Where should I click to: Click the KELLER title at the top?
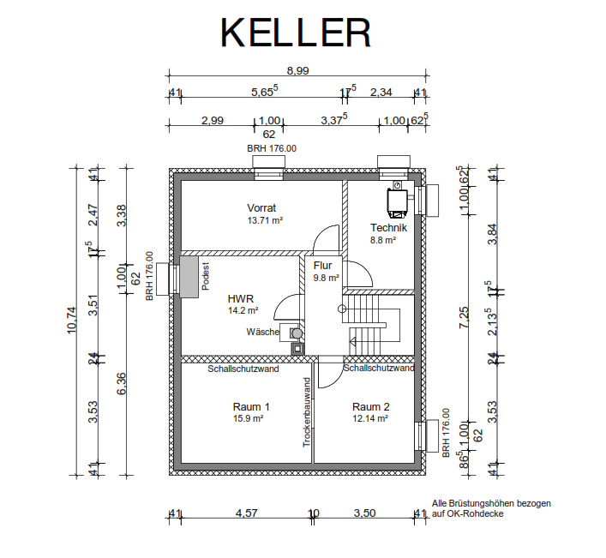(296, 32)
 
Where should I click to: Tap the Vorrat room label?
(261, 208)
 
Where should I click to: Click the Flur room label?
(322, 266)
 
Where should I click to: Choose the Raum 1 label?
(251, 406)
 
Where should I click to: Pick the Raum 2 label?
(370, 406)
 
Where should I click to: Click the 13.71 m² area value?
(265, 221)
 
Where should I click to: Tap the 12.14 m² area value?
(370, 419)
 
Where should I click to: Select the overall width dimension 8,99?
(297, 71)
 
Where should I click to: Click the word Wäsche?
(262, 332)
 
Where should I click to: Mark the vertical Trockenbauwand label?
(306, 412)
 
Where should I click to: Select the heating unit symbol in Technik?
(398, 198)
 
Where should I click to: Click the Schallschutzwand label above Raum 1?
(243, 369)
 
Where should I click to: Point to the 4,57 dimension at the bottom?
(247, 513)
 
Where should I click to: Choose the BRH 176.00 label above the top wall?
(272, 148)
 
